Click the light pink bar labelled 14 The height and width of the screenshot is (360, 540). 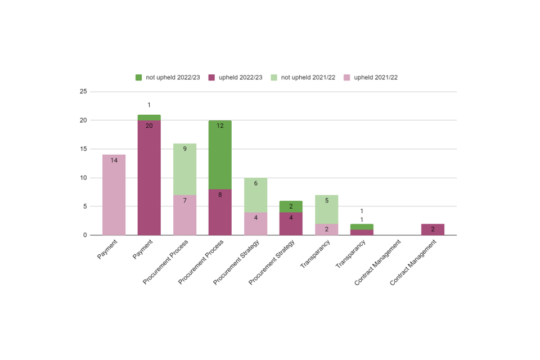pos(114,195)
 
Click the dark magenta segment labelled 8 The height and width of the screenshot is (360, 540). pos(220,212)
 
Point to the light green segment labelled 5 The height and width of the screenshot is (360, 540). pos(326,209)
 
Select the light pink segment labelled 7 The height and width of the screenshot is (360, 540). pos(184,215)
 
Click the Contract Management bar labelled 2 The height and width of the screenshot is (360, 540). pos(433,229)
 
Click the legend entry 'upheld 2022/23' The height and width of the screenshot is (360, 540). pos(236,77)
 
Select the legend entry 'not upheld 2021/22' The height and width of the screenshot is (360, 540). pos(304,77)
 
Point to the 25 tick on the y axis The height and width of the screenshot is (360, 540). pos(83,92)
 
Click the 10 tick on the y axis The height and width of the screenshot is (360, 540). pos(83,178)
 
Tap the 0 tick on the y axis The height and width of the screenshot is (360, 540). pos(85,235)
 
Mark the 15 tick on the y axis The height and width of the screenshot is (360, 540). pos(83,149)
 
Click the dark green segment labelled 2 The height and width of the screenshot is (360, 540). pos(291,206)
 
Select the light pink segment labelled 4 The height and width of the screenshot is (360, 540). pos(255,223)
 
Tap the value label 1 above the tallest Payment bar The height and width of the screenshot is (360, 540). pos(149,105)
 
